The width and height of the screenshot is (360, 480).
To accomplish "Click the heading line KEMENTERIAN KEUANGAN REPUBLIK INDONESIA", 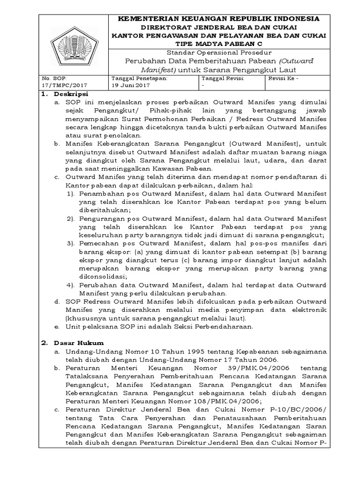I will point(218,19).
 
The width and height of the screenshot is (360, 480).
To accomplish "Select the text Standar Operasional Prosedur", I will point(218,52).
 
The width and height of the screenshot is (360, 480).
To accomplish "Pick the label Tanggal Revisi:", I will point(220,79).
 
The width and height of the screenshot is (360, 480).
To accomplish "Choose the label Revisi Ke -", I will point(283,79).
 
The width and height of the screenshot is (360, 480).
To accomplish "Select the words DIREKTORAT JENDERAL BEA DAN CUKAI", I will point(218,27).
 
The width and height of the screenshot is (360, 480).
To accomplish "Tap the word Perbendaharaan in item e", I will point(223,327).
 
